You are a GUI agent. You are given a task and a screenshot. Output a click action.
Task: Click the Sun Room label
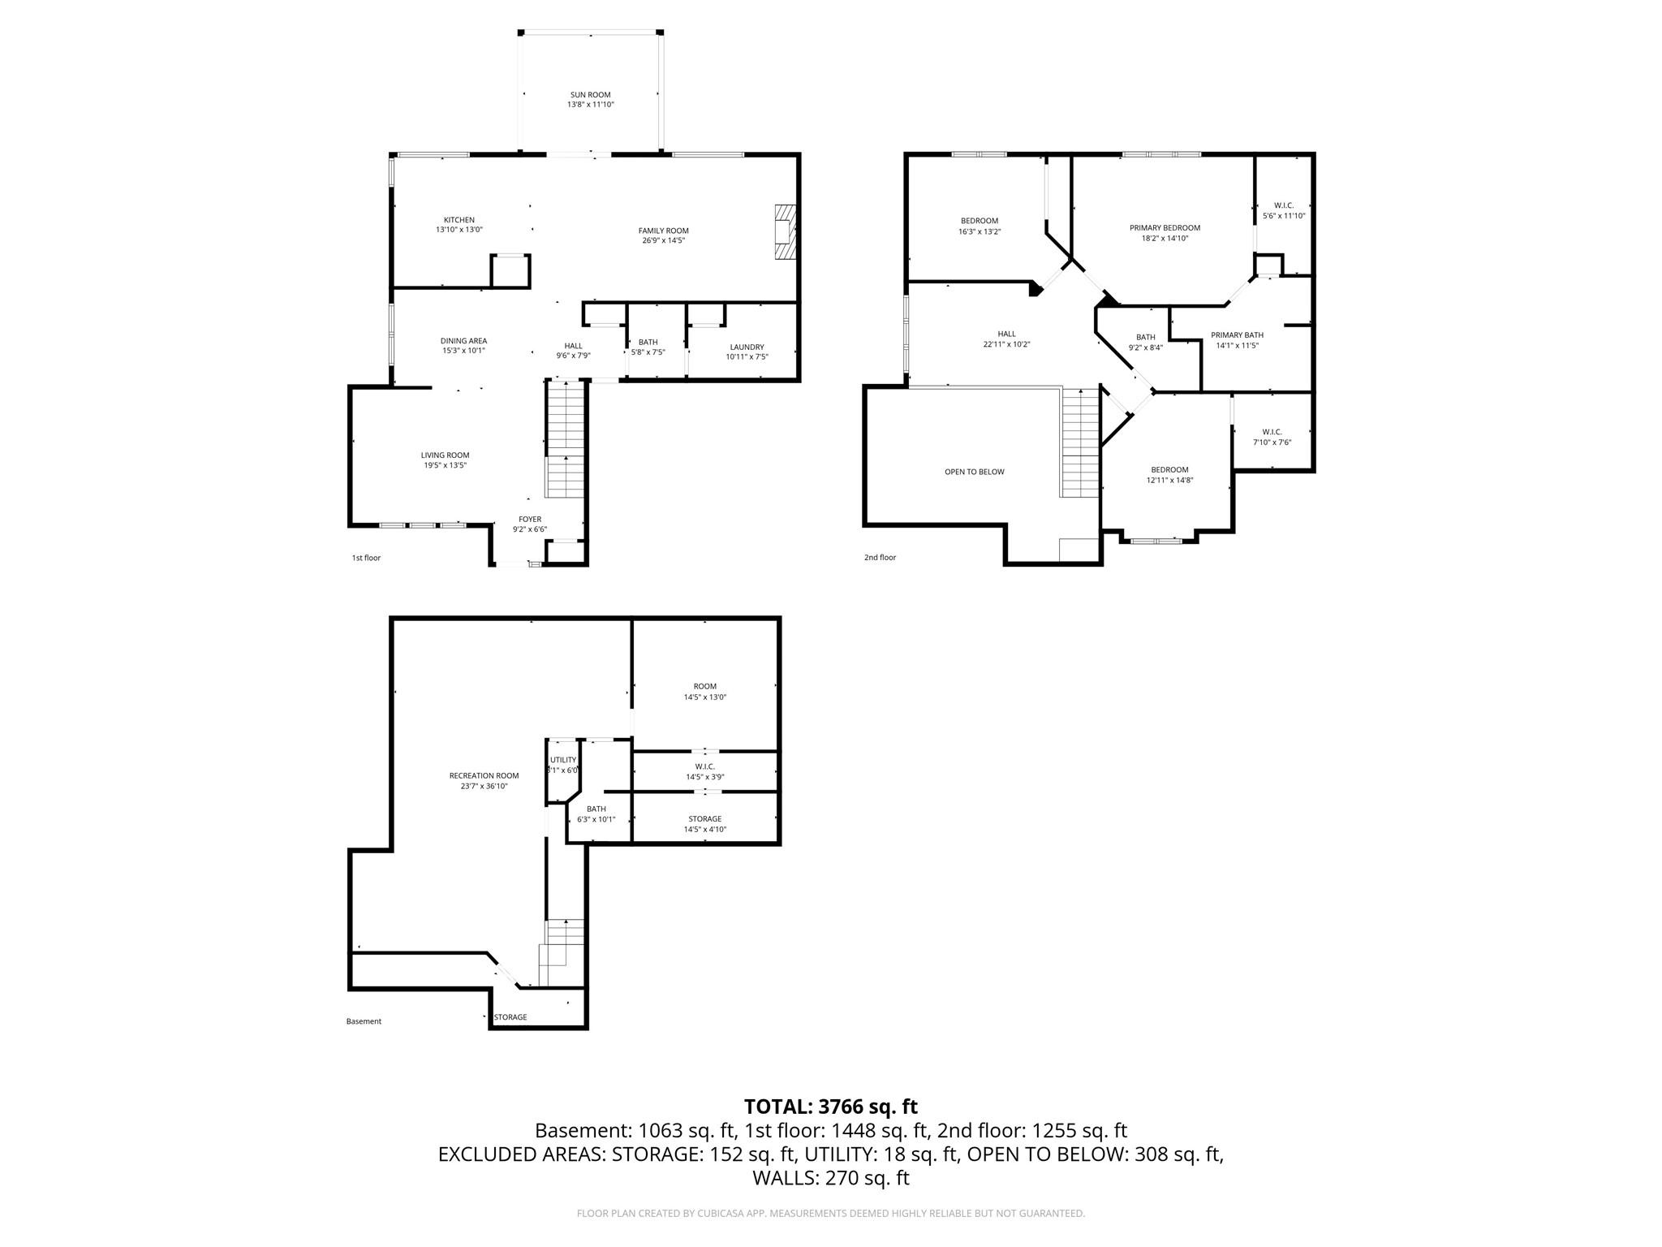coord(590,95)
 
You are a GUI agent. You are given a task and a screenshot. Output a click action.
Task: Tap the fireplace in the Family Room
coord(785,232)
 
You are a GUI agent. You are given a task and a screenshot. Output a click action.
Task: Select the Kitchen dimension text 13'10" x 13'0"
coord(459,230)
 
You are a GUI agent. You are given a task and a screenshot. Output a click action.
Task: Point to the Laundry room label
coord(747,347)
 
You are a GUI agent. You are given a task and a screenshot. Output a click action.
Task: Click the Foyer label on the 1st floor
coord(530,520)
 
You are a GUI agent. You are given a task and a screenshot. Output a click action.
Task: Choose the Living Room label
coord(445,455)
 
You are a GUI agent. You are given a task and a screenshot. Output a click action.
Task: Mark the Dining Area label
coord(463,341)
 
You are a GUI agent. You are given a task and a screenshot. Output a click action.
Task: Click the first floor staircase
coord(566,439)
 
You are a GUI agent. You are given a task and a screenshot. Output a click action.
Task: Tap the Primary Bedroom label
coord(1165,228)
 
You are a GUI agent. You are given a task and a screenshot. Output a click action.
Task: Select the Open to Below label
coord(974,472)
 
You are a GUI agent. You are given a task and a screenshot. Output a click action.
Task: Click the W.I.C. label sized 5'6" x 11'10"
coord(1284,205)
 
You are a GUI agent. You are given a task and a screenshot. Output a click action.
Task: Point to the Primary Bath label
coord(1237,335)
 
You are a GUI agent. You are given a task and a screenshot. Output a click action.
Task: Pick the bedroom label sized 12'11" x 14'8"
coord(1169,470)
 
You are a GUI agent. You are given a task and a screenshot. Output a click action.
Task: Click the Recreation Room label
coord(484,776)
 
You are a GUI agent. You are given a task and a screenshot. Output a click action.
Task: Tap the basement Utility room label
coord(563,760)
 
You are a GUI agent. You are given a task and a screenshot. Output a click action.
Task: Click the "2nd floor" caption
coord(880,558)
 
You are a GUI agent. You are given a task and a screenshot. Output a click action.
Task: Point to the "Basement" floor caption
coord(364,1021)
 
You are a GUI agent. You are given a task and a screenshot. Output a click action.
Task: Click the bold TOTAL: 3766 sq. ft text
coord(831,1107)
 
